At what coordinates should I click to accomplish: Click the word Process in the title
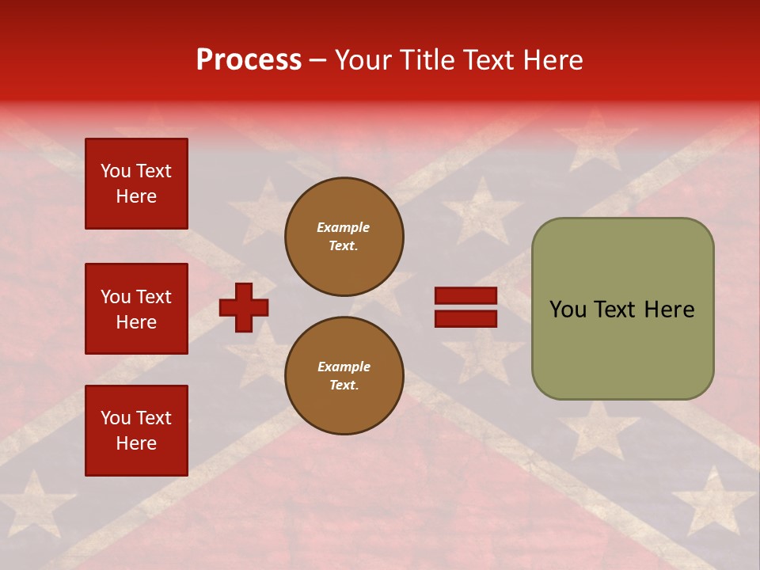pos(249,60)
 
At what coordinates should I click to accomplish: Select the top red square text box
pos(136,184)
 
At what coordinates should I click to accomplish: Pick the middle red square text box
pos(136,309)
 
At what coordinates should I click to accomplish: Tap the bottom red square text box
pos(136,431)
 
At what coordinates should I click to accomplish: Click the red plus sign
pos(244,307)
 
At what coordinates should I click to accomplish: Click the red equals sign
pos(465,307)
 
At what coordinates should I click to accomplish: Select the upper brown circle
pos(344,237)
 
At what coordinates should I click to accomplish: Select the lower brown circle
pos(344,376)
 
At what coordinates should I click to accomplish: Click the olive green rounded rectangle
pos(622,309)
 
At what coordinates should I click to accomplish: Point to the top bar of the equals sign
pos(465,296)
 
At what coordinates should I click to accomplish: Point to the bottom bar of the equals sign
pos(465,318)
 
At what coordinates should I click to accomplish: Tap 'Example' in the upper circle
pos(343,227)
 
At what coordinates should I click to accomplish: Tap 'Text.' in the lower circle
pos(344,386)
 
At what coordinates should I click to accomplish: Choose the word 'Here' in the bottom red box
pos(136,443)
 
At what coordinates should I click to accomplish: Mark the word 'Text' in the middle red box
pos(154,297)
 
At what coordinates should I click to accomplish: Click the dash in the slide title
pos(318,60)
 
